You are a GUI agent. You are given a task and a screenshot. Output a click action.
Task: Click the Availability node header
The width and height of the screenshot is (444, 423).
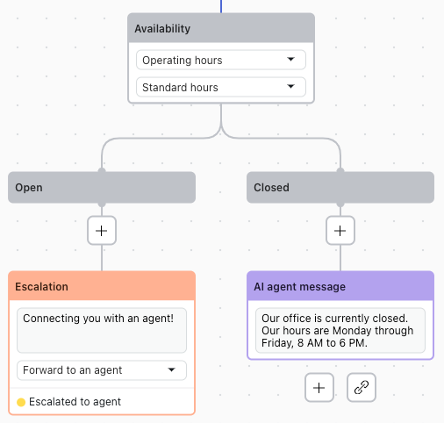[220, 29]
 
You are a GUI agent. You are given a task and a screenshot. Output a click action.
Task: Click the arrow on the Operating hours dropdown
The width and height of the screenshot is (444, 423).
[290, 61]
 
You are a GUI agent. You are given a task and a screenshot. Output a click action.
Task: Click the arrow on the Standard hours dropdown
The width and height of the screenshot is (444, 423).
[290, 88]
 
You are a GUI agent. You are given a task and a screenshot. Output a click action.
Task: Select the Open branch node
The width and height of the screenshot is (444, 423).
[102, 188]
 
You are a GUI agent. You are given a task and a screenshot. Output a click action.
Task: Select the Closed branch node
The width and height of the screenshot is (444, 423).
[340, 188]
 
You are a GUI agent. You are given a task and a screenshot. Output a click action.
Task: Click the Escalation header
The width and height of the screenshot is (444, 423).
[102, 287]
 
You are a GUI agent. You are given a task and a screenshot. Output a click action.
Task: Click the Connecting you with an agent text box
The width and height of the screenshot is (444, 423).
[102, 328]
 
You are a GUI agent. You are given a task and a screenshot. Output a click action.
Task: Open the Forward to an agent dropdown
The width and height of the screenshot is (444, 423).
[102, 370]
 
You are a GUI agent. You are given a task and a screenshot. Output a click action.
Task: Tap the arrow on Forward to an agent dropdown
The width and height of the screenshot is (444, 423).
[172, 370]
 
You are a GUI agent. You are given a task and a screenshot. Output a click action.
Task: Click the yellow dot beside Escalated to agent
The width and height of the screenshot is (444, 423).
[21, 402]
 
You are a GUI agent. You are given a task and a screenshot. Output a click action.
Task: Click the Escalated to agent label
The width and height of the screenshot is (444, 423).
[75, 402]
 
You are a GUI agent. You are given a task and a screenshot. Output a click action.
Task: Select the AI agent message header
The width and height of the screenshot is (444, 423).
[340, 287]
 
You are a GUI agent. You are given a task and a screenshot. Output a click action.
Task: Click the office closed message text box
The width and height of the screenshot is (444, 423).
[340, 330]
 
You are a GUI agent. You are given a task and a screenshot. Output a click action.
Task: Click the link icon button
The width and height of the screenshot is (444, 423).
[362, 387]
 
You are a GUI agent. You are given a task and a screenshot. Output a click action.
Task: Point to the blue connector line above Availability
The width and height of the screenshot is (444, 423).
[221, 6]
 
